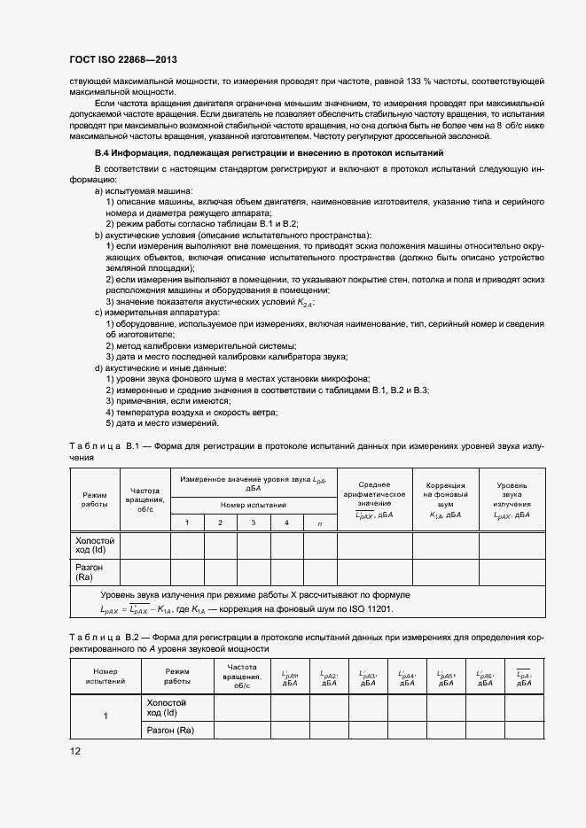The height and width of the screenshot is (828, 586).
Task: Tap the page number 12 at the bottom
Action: point(74,751)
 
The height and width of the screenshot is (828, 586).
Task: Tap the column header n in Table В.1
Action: point(319,523)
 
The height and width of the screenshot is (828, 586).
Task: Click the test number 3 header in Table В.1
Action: point(253,523)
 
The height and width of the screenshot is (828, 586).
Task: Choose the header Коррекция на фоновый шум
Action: point(444,499)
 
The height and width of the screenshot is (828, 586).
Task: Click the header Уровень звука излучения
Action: point(512,499)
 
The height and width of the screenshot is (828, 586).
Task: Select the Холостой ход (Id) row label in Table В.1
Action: point(95,545)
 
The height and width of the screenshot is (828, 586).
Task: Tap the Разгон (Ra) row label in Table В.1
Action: point(90,572)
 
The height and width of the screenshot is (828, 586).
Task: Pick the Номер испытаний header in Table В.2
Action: point(105,677)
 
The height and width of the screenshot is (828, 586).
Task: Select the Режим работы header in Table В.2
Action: point(176,677)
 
